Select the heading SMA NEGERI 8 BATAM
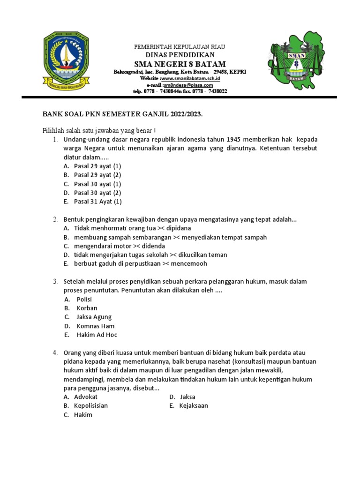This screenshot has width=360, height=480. click(x=180, y=64)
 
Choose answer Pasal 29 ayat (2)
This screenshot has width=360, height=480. click(x=97, y=175)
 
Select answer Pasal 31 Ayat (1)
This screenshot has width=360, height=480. click(x=97, y=202)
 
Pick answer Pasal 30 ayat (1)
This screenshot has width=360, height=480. click(x=97, y=184)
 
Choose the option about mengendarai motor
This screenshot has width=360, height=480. click(x=120, y=246)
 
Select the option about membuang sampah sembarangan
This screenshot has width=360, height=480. click(x=170, y=237)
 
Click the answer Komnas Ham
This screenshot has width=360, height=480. click(x=95, y=326)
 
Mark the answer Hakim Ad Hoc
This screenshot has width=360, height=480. click(x=97, y=335)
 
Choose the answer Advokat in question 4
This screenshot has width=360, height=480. click(x=86, y=397)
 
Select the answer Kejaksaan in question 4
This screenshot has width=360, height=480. click(x=193, y=405)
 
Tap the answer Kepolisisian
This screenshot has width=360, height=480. click(x=91, y=405)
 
